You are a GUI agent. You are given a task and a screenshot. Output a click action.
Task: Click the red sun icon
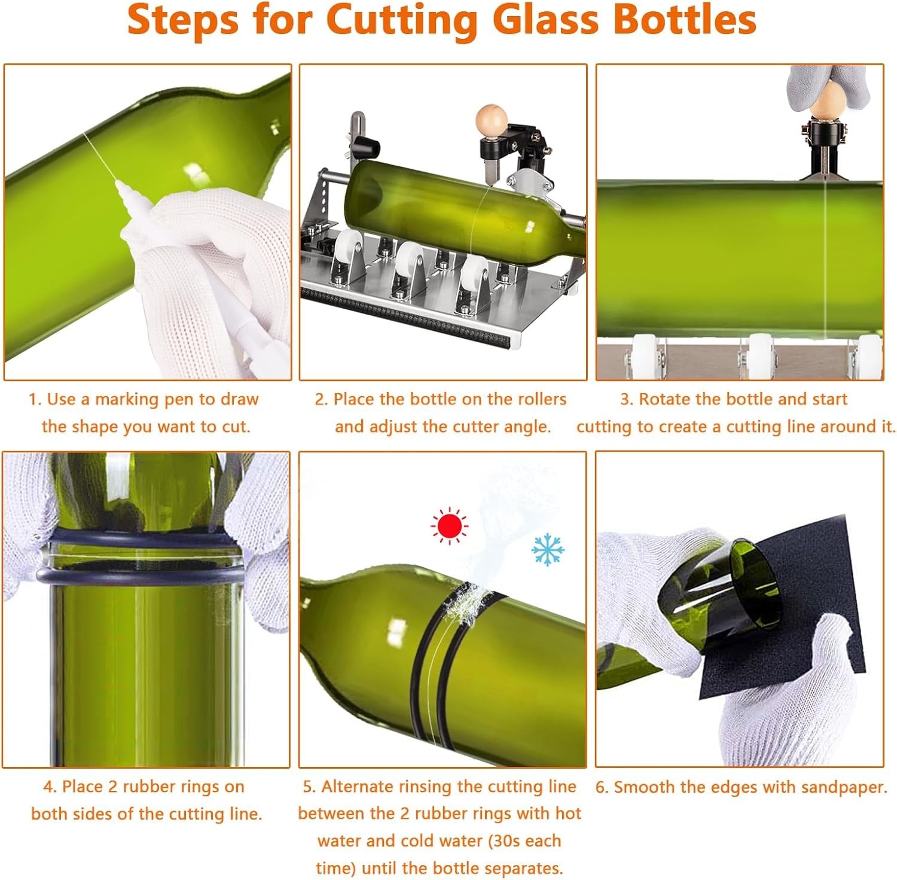[x=449, y=526]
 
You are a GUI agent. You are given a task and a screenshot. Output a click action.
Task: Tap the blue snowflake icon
[x=548, y=550]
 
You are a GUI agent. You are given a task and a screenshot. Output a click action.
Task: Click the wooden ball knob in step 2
[x=488, y=119]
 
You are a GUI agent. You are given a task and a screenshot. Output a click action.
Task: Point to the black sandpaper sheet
[x=801, y=604]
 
